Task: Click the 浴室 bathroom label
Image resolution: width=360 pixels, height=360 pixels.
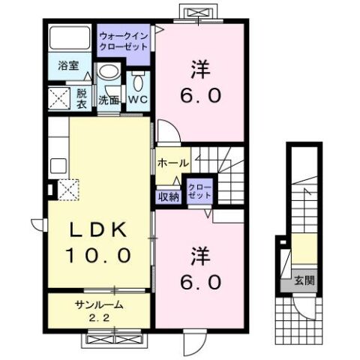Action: pyautogui.click(x=68, y=66)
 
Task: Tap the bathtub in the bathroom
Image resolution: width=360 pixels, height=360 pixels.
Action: pyautogui.click(x=70, y=37)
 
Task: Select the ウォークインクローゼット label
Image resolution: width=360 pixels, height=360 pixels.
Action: pyautogui.click(x=124, y=41)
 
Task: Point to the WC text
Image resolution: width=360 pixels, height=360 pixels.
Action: pyautogui.click(x=138, y=99)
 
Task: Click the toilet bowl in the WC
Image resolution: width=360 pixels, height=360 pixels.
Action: pyautogui.click(x=138, y=80)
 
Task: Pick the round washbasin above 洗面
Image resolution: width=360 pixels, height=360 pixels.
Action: pyautogui.click(x=109, y=70)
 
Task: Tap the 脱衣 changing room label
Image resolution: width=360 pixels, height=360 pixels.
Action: pyautogui.click(x=82, y=98)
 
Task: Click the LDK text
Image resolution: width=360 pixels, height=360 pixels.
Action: pyautogui.click(x=98, y=229)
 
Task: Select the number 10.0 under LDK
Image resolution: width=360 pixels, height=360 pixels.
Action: pyautogui.click(x=98, y=255)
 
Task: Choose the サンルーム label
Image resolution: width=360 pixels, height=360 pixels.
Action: pyautogui.click(x=99, y=304)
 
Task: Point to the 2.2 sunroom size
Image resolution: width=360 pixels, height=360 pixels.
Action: pyautogui.click(x=99, y=318)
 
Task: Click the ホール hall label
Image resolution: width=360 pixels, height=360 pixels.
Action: pyautogui.click(x=172, y=163)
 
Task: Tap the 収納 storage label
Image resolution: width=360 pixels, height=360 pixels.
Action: pyautogui.click(x=169, y=197)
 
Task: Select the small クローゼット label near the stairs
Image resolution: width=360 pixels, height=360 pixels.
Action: pyautogui.click(x=199, y=191)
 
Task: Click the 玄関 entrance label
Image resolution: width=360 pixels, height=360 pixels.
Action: pyautogui.click(x=304, y=280)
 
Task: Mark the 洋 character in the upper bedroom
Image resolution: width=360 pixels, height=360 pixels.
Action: pyautogui.click(x=200, y=69)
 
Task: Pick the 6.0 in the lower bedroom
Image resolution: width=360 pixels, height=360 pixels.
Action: pyautogui.click(x=201, y=282)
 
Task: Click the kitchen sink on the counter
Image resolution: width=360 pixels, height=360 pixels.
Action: pyautogui.click(x=58, y=166)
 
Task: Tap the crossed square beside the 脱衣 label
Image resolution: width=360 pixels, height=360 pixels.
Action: pyautogui.click(x=58, y=98)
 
